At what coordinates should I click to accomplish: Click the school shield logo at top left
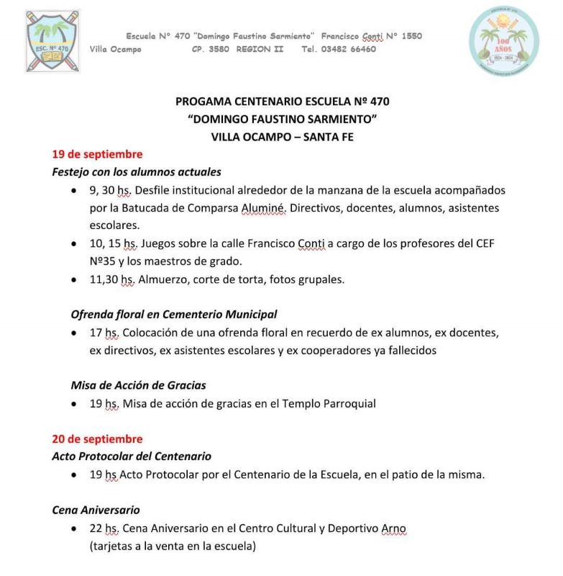coord(52,42)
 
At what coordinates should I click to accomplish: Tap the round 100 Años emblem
coord(503,41)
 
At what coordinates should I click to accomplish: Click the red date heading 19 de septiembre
coord(97,154)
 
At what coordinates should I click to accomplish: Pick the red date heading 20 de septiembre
coord(97,438)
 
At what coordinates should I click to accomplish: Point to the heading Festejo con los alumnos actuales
coord(137,172)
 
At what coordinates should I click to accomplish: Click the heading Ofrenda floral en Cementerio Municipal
coord(174,315)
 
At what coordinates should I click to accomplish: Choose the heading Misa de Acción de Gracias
coord(139,386)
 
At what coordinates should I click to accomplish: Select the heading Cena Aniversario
coord(96,510)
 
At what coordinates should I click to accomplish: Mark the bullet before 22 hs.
coord(75,528)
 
